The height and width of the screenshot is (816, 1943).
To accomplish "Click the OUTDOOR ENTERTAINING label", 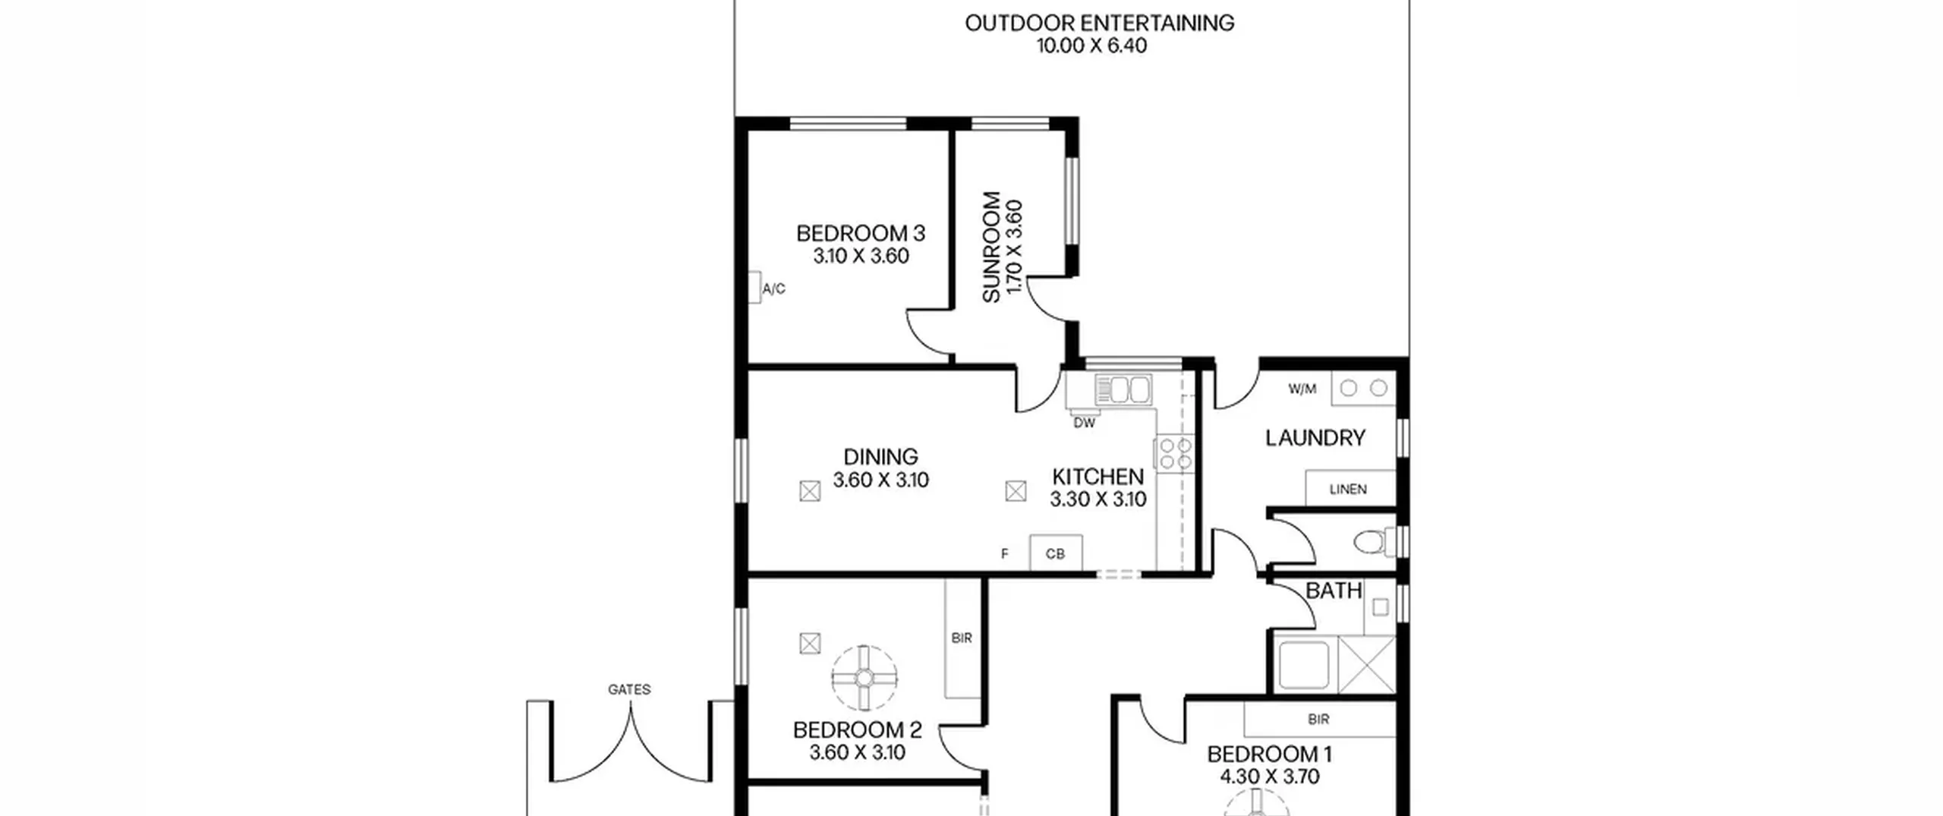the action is coord(1099,23).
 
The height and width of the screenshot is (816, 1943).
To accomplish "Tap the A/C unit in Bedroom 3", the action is coord(754,288).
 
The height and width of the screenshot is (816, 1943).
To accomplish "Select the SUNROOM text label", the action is coord(991,247).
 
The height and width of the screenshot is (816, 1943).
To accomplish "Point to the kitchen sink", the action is coord(1123,389).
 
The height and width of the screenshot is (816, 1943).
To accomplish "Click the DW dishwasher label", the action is coord(1085,424).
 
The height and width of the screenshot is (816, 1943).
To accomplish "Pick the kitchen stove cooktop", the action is coord(1173,452).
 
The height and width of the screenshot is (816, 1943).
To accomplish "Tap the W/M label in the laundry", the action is coord(1302,389).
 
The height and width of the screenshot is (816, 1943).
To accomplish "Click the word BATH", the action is coord(1334,591).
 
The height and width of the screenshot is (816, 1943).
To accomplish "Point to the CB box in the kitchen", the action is coord(1055,553).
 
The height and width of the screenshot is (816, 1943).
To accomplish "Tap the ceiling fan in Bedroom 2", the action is coord(864,678).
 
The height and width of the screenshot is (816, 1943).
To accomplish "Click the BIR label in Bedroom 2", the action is coord(962,638).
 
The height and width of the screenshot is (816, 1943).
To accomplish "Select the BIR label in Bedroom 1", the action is coord(1318,719).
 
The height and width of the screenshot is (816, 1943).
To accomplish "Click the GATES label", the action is coord(629,689).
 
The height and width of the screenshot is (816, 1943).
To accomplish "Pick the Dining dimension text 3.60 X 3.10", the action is coord(880,480).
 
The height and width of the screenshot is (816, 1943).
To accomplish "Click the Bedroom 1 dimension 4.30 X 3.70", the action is coord(1270,777).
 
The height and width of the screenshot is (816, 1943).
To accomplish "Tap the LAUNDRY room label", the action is coord(1315,438).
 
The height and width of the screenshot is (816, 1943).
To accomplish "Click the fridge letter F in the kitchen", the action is coord(1004,554).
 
